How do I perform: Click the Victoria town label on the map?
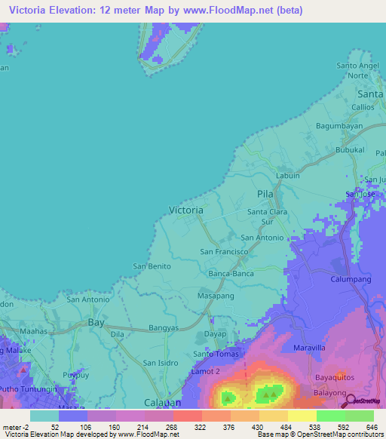click(185, 210)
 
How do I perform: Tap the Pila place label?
click(264, 194)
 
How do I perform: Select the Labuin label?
click(288, 176)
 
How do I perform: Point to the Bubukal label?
click(349, 150)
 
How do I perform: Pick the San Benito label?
click(152, 266)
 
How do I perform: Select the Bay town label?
click(96, 321)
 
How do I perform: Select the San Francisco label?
click(224, 250)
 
